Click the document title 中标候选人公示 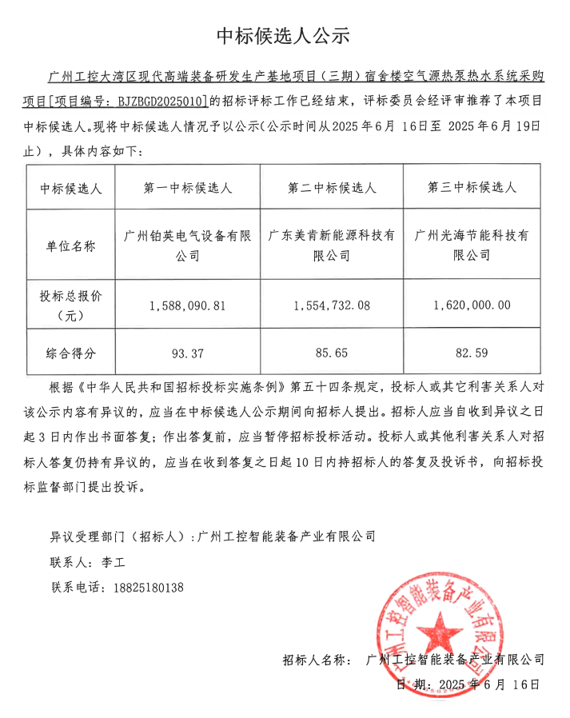pyautogui.click(x=284, y=35)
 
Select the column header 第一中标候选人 pyautogui.click(x=188, y=188)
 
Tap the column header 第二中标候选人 pyautogui.click(x=332, y=188)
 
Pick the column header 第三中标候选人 pyautogui.click(x=472, y=188)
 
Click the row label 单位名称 pyautogui.click(x=72, y=246)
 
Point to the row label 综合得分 pyautogui.click(x=72, y=353)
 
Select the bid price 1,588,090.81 pyautogui.click(x=188, y=305)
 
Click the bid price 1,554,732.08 pyautogui.click(x=332, y=305)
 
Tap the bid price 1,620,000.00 pyautogui.click(x=472, y=305)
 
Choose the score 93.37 pyautogui.click(x=188, y=353)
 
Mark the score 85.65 pyautogui.click(x=332, y=353)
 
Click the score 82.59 pyautogui.click(x=472, y=353)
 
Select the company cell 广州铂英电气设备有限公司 pyautogui.click(x=188, y=246)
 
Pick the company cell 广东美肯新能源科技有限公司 pyautogui.click(x=332, y=246)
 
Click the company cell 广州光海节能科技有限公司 pyautogui.click(x=472, y=246)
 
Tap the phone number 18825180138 pyautogui.click(x=146, y=588)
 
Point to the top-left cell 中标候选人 pyautogui.click(x=72, y=188)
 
